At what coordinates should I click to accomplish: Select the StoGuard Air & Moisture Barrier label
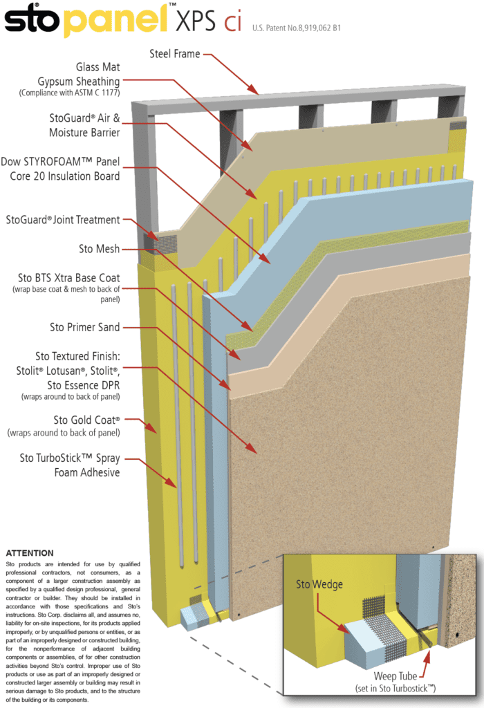84,125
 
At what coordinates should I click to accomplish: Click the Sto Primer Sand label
84,326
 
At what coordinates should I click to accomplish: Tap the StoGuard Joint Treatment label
63,220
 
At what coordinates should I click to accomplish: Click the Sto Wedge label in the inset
319,585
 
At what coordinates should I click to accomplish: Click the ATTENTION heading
29,554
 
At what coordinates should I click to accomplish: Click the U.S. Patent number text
297,28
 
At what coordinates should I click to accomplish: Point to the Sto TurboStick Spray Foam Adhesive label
69,465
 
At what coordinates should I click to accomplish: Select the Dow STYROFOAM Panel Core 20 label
60,168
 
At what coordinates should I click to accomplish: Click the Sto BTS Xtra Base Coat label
74,278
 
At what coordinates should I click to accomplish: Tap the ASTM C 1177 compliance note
69,93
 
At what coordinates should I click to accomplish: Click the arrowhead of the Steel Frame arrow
257,92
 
